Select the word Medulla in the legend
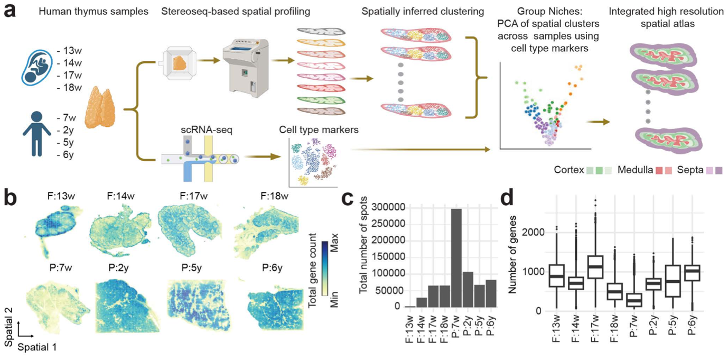click(x=635, y=170)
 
